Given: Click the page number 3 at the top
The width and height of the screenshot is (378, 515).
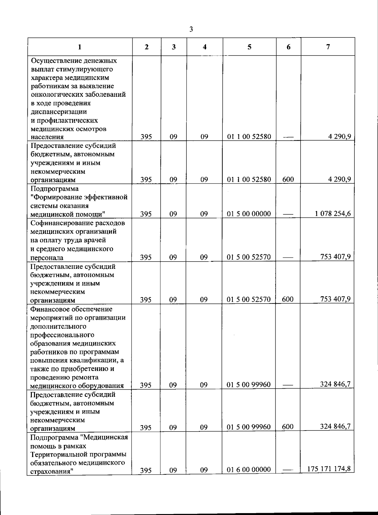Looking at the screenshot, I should click(191, 30).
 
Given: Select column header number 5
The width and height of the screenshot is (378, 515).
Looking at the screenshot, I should click(249, 47).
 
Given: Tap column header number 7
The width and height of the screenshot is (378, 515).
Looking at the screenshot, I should click(328, 47).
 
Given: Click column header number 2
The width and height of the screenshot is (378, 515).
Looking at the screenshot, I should click(146, 47).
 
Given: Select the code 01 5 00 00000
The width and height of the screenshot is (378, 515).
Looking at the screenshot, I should click(249, 214).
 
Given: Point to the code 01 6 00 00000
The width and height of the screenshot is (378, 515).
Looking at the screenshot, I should click(249, 470).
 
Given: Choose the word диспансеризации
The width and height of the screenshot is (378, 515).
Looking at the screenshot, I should click(59, 112).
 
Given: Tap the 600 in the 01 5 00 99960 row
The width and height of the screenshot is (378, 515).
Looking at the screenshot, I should click(288, 427).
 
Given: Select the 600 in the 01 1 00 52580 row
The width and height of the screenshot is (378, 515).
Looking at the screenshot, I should click(288, 179).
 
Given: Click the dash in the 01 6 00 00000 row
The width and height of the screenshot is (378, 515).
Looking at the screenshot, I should click(288, 470).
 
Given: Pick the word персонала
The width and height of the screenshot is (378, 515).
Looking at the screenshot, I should click(47, 257).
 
